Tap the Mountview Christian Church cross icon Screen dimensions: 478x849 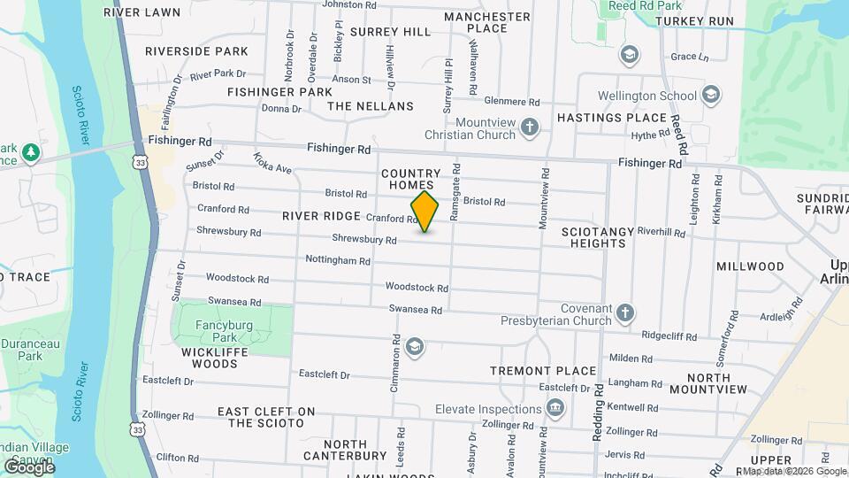(x=530, y=128)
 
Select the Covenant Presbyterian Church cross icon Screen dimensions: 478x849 (x=625, y=312)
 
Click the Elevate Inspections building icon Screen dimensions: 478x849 (x=555, y=408)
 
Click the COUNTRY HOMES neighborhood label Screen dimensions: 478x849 (x=410, y=180)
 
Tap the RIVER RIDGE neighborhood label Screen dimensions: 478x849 (x=321, y=216)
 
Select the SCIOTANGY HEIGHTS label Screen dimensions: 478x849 (x=598, y=237)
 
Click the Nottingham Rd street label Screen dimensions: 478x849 (x=337, y=260)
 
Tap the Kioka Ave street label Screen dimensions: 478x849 (x=272, y=163)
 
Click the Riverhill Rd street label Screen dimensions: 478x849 (x=661, y=232)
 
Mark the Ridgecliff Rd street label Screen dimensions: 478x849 (x=669, y=336)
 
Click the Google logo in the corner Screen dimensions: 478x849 (x=29, y=467)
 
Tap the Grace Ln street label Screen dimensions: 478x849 (x=690, y=57)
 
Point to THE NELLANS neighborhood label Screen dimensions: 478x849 (x=371, y=106)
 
